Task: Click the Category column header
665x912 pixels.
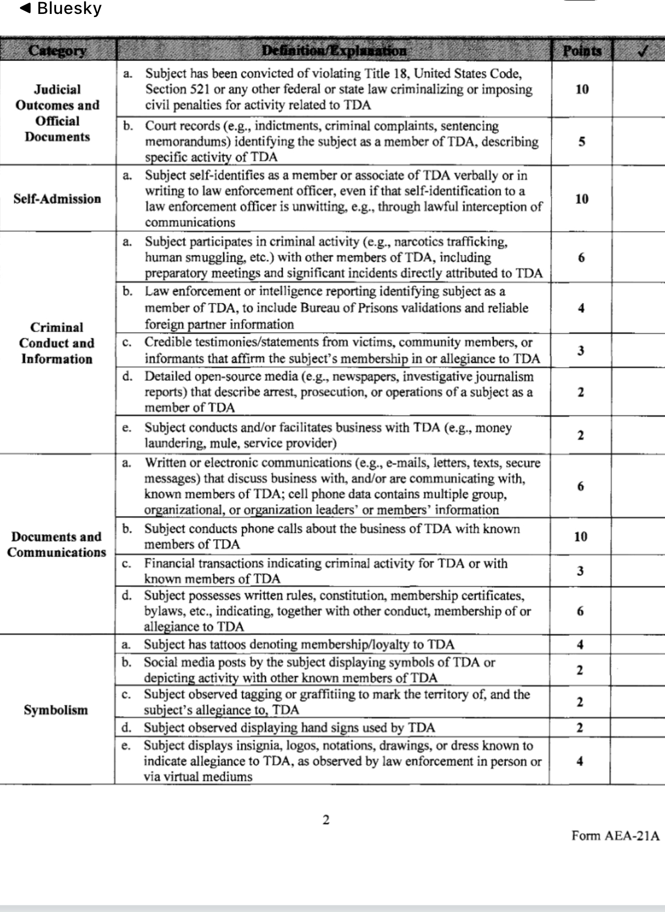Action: click(x=57, y=51)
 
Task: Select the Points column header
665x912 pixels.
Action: click(x=581, y=51)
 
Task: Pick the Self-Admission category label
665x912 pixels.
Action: click(x=57, y=199)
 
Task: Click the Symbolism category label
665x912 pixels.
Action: click(x=56, y=710)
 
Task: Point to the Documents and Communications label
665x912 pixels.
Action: click(x=57, y=544)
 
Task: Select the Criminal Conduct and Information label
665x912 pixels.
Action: click(x=57, y=343)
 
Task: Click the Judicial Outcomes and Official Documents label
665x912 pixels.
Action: click(x=57, y=113)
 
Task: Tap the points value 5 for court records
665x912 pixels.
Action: click(x=581, y=142)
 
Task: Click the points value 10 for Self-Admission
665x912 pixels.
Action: click(x=581, y=199)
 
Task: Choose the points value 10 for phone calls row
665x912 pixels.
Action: click(x=580, y=536)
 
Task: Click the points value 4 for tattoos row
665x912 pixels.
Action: click(x=580, y=644)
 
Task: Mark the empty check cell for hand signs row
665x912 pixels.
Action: click(x=637, y=728)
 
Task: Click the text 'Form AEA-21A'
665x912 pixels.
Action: click(x=615, y=836)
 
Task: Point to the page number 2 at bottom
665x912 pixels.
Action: click(x=326, y=820)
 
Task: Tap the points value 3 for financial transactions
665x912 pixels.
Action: click(x=580, y=571)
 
